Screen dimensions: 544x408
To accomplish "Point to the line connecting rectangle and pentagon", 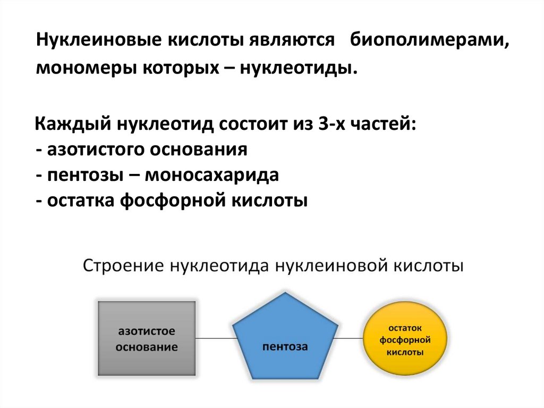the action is coord(214,338).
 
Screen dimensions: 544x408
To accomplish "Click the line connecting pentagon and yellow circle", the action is coord(351,338).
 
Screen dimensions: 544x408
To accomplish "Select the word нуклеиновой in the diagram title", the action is coord(335,265).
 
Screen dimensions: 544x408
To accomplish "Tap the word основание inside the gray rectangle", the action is coord(147,348).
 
